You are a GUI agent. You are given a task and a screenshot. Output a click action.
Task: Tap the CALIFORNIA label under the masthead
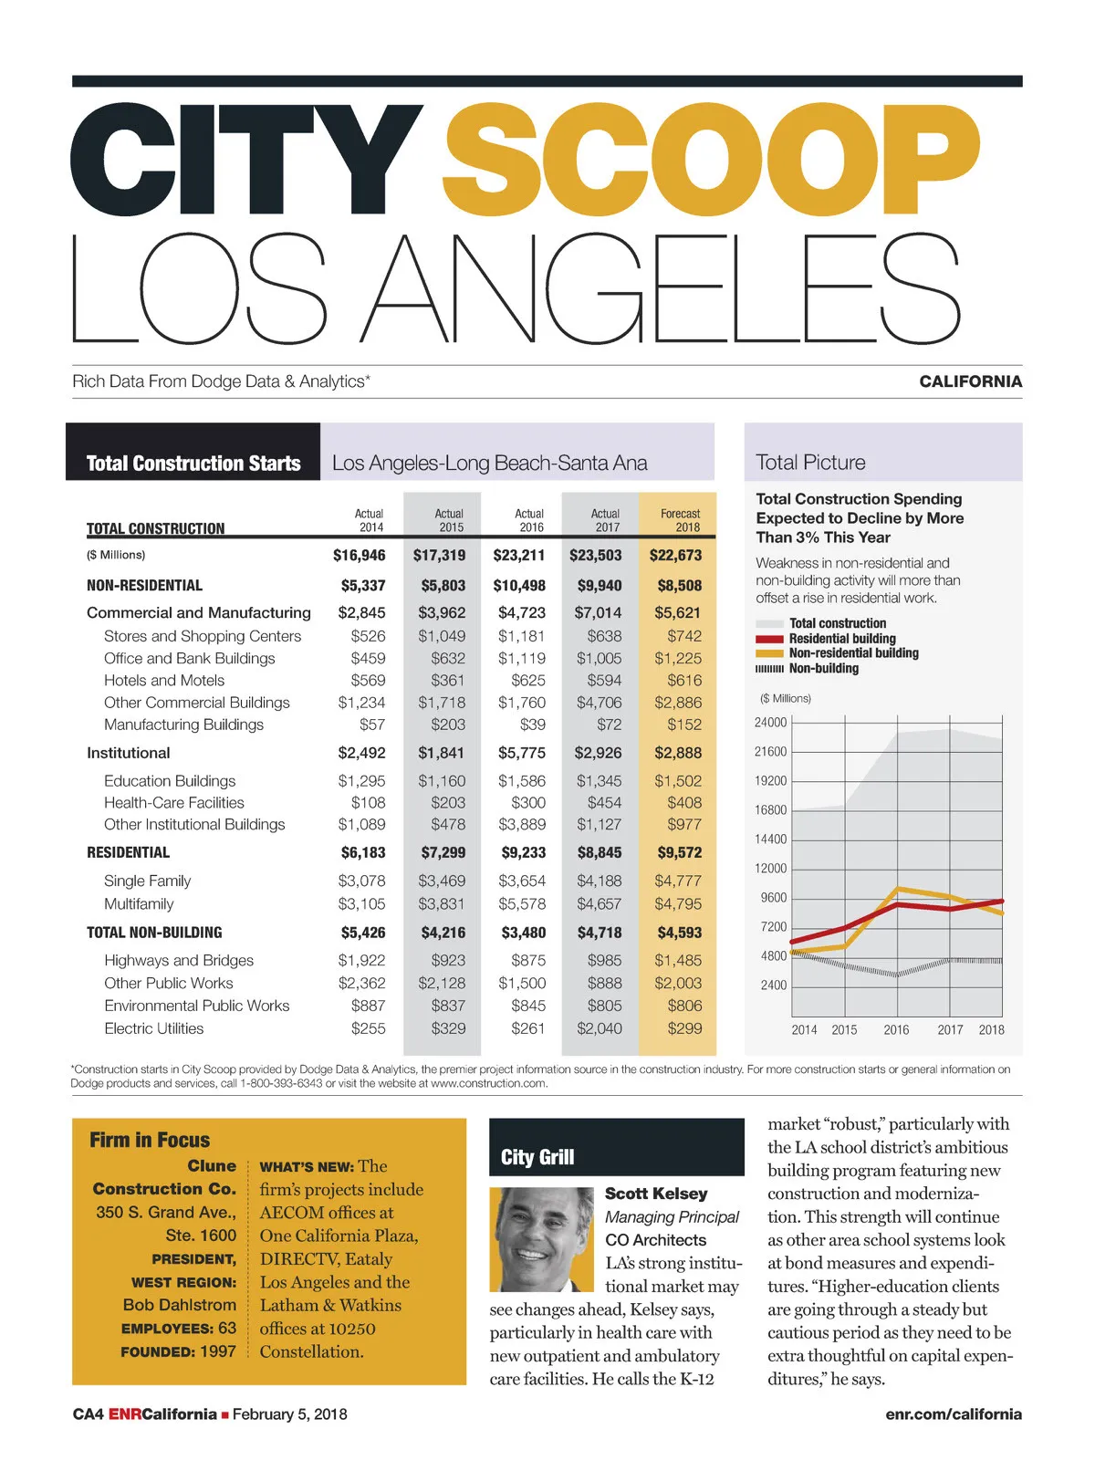pos(970,381)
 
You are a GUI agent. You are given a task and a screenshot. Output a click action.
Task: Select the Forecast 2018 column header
pos(680,520)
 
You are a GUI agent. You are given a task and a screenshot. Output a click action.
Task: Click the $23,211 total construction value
pos(518,555)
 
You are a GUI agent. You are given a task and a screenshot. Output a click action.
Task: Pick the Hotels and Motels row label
pos(164,680)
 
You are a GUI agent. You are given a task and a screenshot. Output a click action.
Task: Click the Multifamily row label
pos(139,903)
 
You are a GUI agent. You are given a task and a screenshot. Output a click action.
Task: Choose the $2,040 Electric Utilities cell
pos(599,1028)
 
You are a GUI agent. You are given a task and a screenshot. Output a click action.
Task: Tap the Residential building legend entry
pos(841,639)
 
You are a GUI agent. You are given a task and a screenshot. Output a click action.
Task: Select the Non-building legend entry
pos(823,668)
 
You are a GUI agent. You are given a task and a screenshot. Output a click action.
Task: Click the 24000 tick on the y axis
pos(770,723)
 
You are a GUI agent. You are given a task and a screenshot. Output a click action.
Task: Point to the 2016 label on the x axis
pos(896,1029)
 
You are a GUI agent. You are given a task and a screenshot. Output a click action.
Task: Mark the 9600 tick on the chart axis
pos(774,898)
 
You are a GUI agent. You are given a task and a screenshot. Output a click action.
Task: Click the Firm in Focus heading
pos(150,1140)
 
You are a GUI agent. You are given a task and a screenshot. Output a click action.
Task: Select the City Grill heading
pos(537,1157)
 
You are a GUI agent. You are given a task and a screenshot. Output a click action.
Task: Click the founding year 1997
pos(218,1351)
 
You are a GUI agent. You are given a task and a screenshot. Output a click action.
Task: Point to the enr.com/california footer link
pos(953,1414)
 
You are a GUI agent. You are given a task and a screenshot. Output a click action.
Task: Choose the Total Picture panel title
pos(810,463)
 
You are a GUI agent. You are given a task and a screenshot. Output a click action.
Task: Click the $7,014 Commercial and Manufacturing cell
pos(598,612)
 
